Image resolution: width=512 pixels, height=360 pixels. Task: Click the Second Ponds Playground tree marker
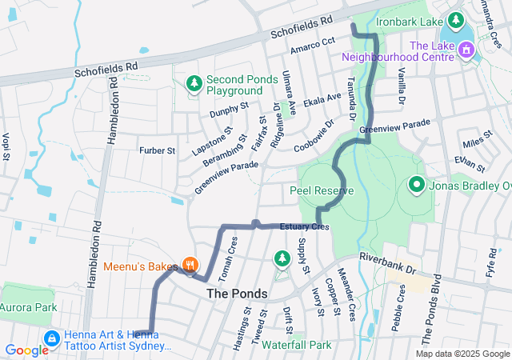tap(194, 83)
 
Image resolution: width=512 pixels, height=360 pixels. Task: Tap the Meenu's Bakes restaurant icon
tap(190, 264)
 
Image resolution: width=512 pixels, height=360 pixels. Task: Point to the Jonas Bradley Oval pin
tap(416, 186)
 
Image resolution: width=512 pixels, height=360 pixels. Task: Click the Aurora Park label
tap(28, 307)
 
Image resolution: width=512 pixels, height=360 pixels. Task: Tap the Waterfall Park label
tap(295, 345)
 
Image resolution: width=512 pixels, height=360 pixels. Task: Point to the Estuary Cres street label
tap(304, 228)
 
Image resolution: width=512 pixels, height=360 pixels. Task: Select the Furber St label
tap(157, 150)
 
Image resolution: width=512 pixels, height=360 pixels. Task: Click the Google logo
tap(26, 350)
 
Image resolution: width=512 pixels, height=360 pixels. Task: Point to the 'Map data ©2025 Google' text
tap(462, 354)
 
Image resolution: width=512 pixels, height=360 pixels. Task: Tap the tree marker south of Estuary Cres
tap(282, 258)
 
